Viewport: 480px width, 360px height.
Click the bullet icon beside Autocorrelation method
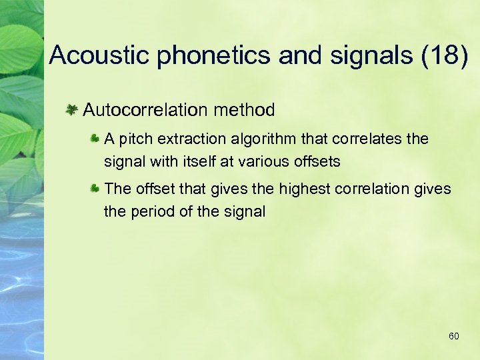71,109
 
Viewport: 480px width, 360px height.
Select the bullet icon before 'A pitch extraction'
95,139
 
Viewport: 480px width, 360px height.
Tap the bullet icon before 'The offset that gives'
95,189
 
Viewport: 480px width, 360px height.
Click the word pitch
131,139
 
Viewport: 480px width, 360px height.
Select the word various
257,161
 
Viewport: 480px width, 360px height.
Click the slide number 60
453,337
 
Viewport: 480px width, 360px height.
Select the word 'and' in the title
300,55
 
